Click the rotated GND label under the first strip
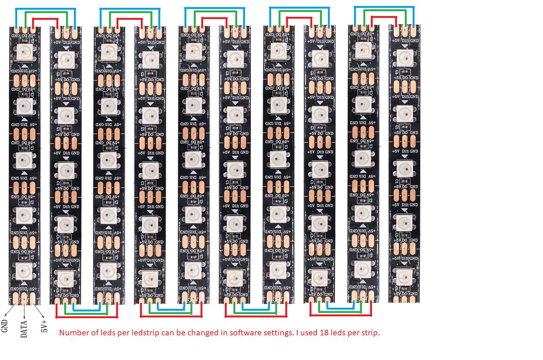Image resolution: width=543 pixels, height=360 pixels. pos(5,326)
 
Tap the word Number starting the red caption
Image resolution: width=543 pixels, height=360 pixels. pos(72,332)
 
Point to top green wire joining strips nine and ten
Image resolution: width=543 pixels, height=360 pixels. pos(385,10)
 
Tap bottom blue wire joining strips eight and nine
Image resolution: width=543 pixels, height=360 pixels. pos(341,308)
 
